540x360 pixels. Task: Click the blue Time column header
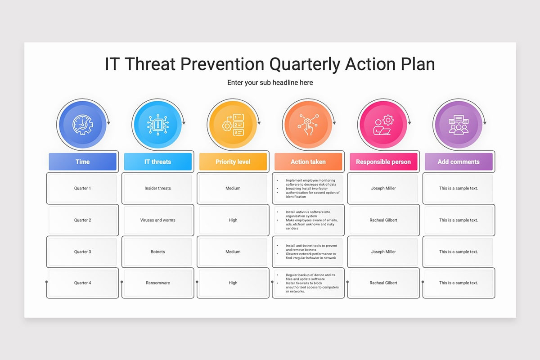(x=82, y=162)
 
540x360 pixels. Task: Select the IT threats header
(x=157, y=162)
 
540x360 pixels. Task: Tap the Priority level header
(x=233, y=162)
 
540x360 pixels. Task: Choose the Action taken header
(x=308, y=162)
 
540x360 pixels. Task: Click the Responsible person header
(x=383, y=162)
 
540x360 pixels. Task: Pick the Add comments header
(x=458, y=162)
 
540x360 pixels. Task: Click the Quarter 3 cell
(x=82, y=252)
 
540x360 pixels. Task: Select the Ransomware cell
(x=157, y=283)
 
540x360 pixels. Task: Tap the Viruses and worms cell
(x=157, y=220)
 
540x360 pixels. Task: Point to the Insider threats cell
(x=157, y=188)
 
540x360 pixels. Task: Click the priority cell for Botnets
(x=233, y=252)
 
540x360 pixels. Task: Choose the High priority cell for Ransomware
(x=233, y=283)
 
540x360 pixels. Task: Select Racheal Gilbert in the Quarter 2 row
(x=383, y=220)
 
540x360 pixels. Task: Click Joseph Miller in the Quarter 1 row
(x=383, y=188)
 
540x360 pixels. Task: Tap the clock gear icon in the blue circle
(x=82, y=124)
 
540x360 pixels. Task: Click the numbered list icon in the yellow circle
(x=233, y=124)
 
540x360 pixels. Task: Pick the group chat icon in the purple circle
(x=458, y=124)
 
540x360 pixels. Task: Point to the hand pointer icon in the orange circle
(x=308, y=124)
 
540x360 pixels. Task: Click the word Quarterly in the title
(x=305, y=64)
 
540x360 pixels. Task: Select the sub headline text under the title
(x=270, y=83)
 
